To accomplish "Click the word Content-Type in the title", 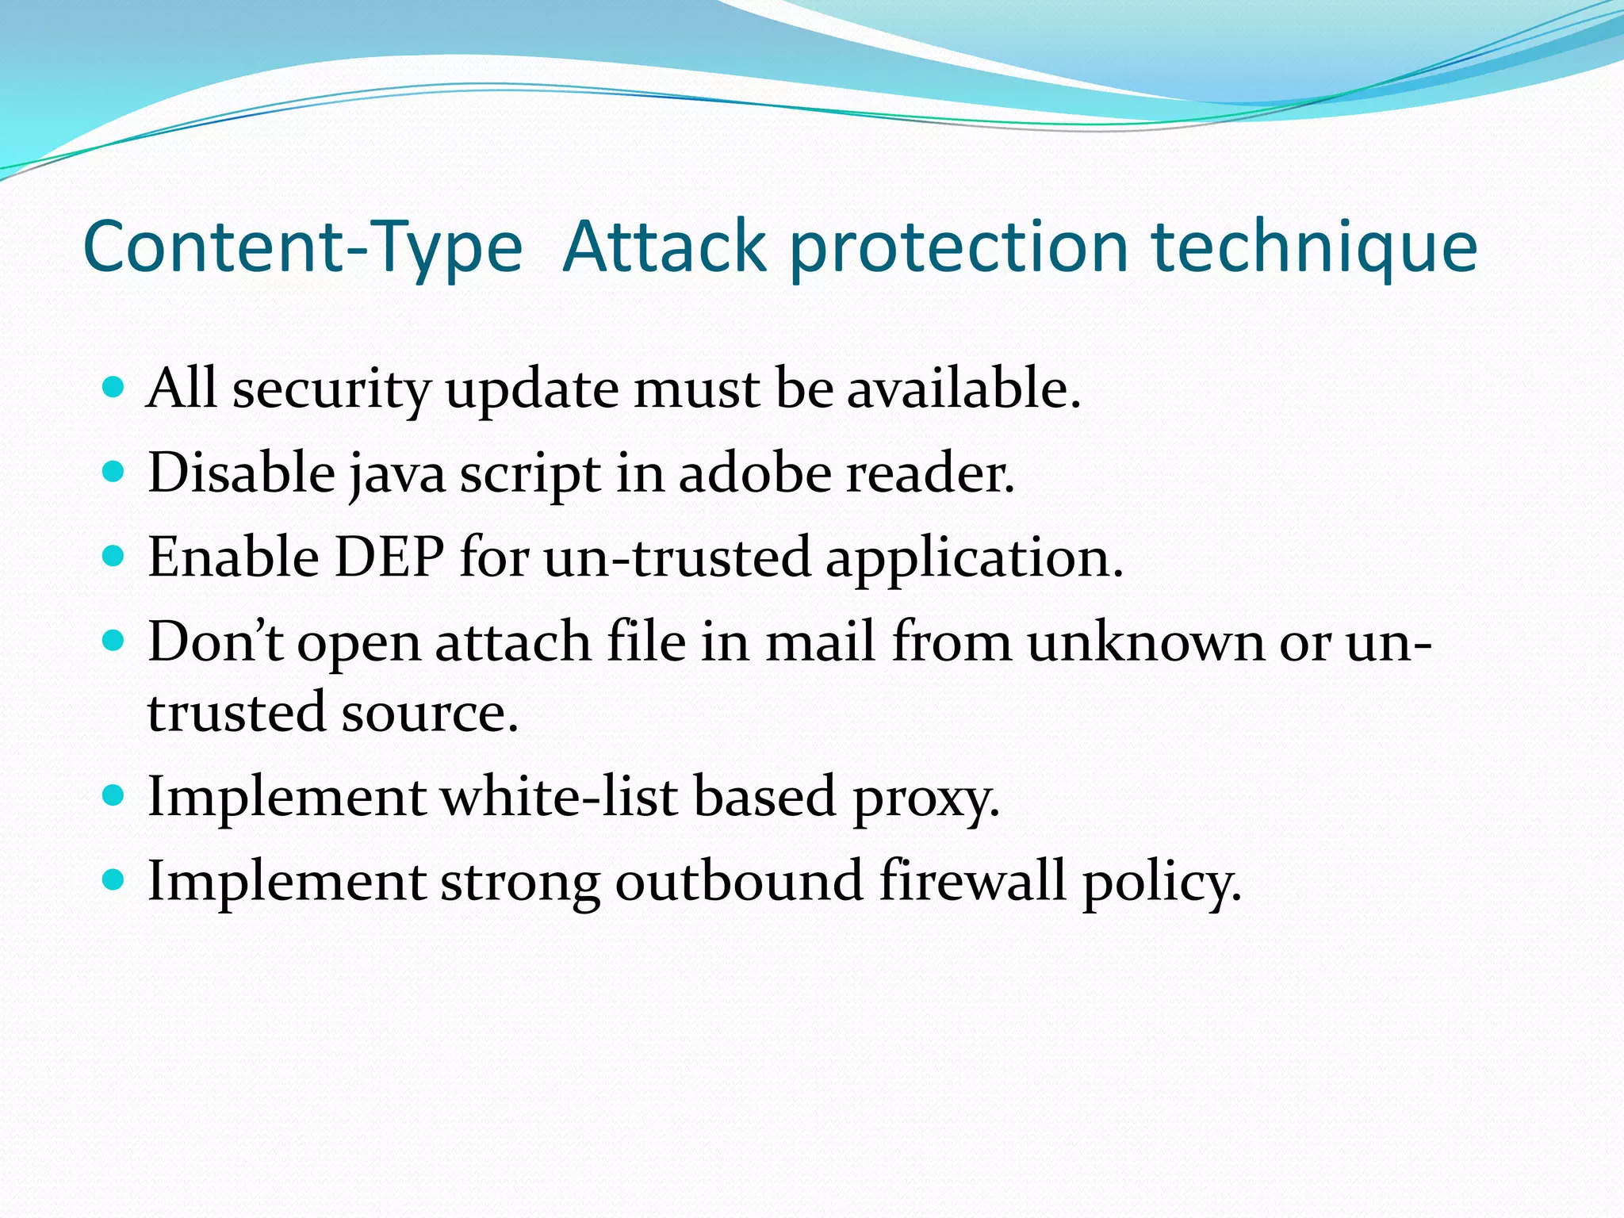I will pyautogui.click(x=302, y=247).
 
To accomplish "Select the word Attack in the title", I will pyautogui.click(x=665, y=247).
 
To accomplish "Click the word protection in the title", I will pyautogui.click(x=959, y=247).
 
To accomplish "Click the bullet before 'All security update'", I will pyautogui.click(x=114, y=388).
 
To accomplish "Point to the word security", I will pyautogui.click(x=331, y=389).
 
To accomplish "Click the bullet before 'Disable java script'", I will pyautogui.click(x=114, y=473).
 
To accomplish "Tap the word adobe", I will pyautogui.click(x=754, y=473).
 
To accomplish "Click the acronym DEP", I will pyautogui.click(x=389, y=557).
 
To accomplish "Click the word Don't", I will pyautogui.click(x=215, y=642).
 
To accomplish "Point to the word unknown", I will pyautogui.click(x=1145, y=642).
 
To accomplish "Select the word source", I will pyautogui.click(x=429, y=712).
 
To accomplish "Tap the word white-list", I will pyautogui.click(x=558, y=796).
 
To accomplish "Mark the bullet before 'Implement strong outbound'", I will pyautogui.click(x=114, y=879).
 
